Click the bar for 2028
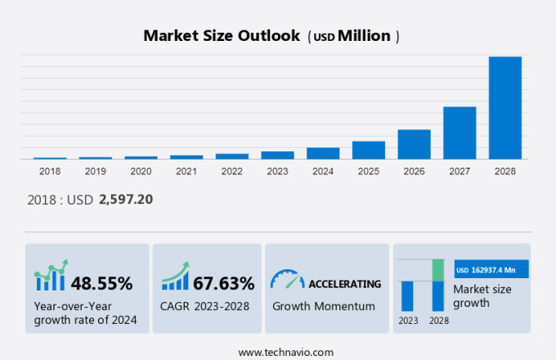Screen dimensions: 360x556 click(504, 107)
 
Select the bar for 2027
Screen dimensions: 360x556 click(460, 133)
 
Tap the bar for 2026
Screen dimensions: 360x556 click(414, 144)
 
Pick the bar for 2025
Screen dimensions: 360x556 click(368, 150)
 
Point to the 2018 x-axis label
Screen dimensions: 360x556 click(50, 171)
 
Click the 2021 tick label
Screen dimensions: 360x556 click(186, 171)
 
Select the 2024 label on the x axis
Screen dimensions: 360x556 click(322, 171)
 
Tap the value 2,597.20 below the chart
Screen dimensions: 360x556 click(126, 199)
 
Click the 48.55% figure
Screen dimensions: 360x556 click(101, 284)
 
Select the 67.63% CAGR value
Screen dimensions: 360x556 click(223, 284)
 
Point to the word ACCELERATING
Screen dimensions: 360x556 click(344, 284)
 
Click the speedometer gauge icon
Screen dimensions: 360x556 click(287, 280)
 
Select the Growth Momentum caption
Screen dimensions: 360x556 click(324, 306)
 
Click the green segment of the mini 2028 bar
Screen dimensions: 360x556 click(437, 269)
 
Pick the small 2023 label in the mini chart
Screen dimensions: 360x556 click(407, 320)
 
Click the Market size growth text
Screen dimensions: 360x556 click(482, 295)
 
